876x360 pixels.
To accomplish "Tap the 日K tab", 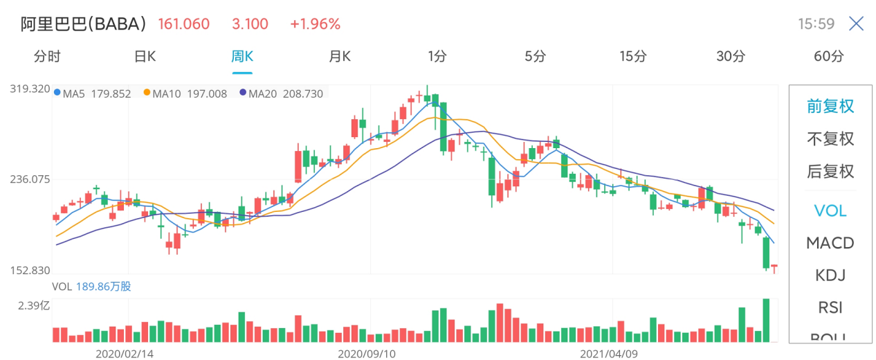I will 145,57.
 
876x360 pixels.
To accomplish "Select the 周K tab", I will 242,57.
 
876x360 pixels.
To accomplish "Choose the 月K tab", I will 340,57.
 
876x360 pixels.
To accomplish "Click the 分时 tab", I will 47,57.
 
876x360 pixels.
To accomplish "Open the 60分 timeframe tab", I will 829,57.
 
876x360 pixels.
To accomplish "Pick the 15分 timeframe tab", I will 633,57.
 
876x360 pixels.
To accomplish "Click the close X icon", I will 856,24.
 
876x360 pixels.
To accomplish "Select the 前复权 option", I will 830,107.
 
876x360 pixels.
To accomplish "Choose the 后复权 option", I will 830,171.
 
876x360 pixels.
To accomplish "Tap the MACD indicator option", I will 830,243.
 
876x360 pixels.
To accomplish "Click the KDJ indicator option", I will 830,276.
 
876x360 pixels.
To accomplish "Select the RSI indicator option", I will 830,307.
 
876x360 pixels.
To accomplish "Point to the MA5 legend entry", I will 93,93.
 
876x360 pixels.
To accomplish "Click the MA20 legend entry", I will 282,93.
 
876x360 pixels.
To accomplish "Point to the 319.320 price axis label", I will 30,89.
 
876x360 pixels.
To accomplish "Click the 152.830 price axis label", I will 30,270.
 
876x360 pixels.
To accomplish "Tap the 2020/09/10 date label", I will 366,353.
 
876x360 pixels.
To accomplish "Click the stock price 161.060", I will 183,24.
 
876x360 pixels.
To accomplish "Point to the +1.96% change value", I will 315,24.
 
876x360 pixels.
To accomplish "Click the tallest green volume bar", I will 766,321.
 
